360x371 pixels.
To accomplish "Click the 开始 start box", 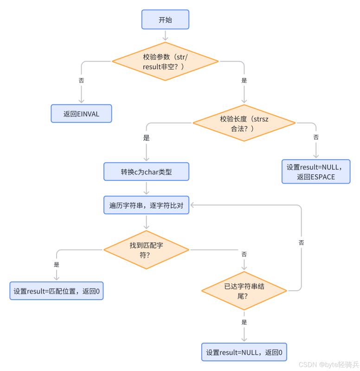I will click(x=165, y=20).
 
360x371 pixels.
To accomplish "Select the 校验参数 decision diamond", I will click(x=165, y=61).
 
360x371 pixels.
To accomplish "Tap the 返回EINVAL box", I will click(x=81, y=114).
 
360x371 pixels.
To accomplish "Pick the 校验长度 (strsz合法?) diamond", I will click(x=244, y=123).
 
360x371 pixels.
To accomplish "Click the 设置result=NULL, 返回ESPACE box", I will click(x=315, y=172).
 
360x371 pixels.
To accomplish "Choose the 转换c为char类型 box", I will click(x=146, y=172).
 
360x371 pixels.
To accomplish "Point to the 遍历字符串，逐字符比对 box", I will click(x=146, y=205).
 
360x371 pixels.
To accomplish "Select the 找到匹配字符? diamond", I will click(x=146, y=249).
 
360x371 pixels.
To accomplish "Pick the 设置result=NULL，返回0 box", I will click(x=244, y=352).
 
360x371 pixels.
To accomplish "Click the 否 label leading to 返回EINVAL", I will click(x=82, y=80).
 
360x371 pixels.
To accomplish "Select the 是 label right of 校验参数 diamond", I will click(x=244, y=80).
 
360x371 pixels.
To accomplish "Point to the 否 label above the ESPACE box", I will click(x=316, y=137).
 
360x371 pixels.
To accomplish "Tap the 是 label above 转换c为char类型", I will click(x=146, y=137).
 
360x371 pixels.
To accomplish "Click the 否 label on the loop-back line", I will click(x=302, y=242).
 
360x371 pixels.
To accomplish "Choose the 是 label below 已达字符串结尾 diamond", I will click(x=244, y=322).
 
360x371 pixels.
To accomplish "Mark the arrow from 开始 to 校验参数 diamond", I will click(x=165, y=35).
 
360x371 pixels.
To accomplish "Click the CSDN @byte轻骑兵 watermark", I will click(x=328, y=365).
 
